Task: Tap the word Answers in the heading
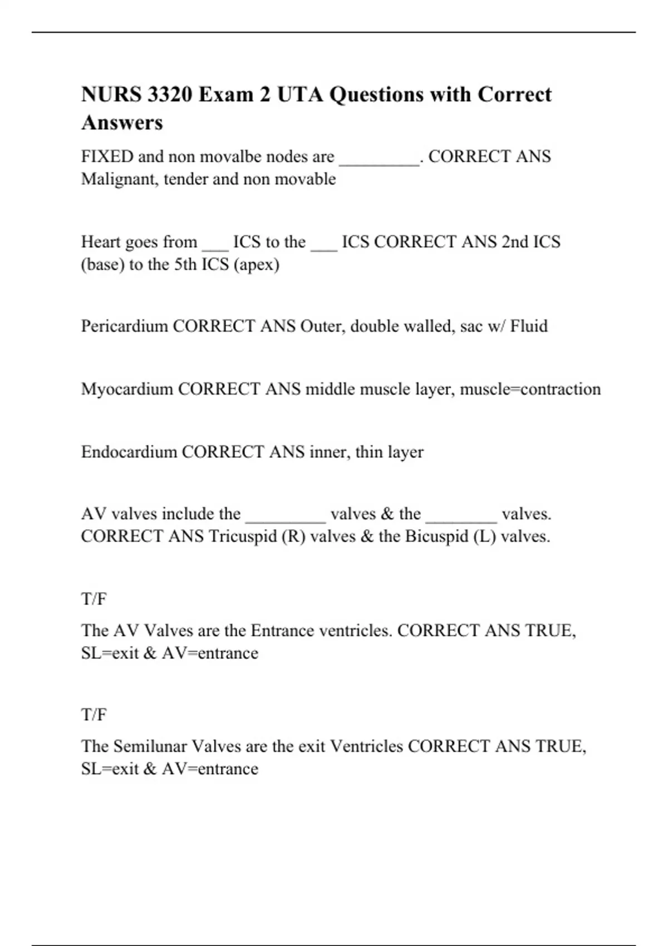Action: (122, 122)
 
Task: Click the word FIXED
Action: (107, 156)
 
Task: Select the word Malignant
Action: (120, 179)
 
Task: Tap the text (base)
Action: (103, 264)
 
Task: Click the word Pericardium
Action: (125, 326)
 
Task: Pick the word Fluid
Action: (529, 326)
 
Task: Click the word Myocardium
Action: (127, 389)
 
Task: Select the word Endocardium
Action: (129, 452)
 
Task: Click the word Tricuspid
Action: (243, 536)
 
